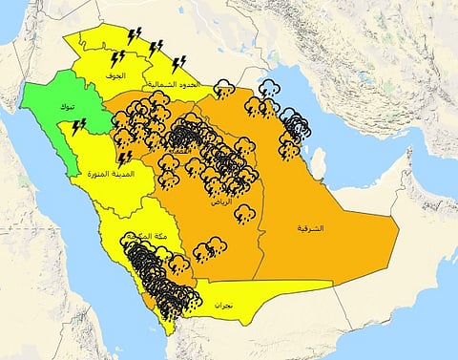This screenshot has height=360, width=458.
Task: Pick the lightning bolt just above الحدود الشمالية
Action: pos(178,64)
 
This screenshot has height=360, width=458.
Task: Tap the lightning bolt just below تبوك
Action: pos(79,126)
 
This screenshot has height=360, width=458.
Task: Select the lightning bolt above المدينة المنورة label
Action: pos(124,157)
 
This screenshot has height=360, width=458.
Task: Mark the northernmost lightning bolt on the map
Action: pos(135,34)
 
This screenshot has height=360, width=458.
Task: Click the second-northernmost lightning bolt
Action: pos(156,45)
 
